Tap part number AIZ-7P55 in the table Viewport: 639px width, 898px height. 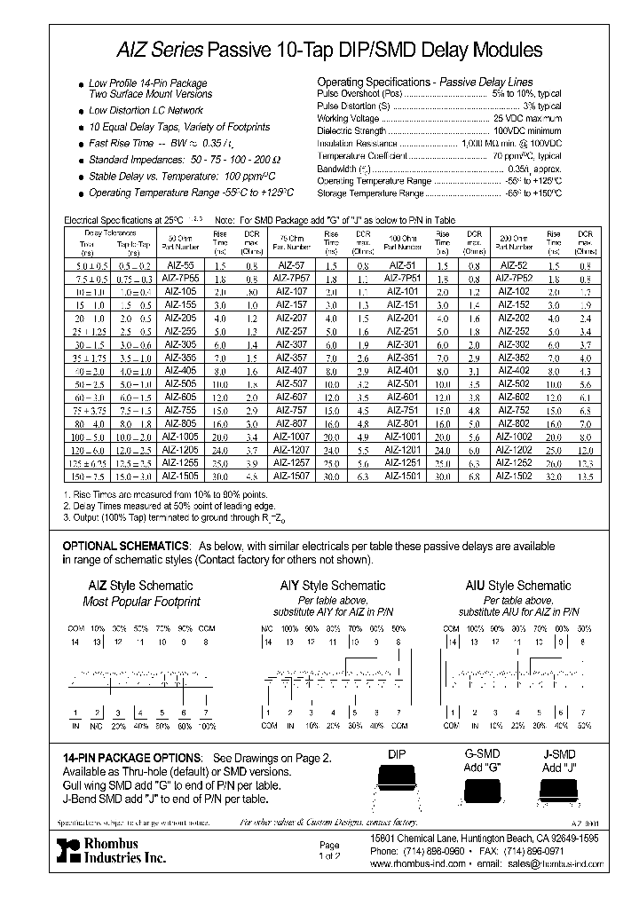(182, 278)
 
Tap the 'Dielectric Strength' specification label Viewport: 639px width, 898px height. (355, 130)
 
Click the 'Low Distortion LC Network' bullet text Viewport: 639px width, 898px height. (146, 111)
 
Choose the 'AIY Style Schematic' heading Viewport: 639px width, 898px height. (333, 586)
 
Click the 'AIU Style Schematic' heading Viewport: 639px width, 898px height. (518, 586)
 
